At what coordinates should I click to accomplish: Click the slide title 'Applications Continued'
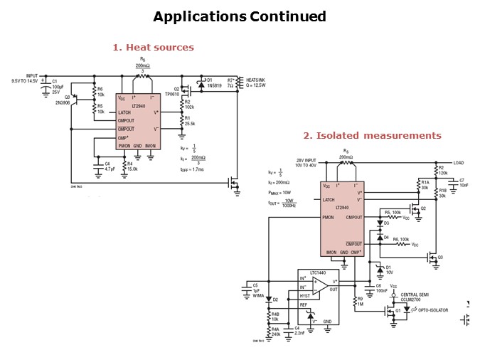240,16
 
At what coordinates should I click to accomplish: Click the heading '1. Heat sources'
153,48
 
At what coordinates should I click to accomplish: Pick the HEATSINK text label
255,80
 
